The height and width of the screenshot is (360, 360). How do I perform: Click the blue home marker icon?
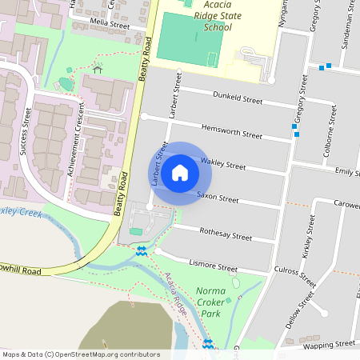(x=180, y=173)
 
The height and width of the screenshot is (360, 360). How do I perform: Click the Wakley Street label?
(x=223, y=164)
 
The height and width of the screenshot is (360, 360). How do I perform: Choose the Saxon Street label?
(x=218, y=198)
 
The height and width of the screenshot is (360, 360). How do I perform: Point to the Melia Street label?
(x=110, y=26)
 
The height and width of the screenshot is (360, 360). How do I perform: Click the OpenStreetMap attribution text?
(x=81, y=354)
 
